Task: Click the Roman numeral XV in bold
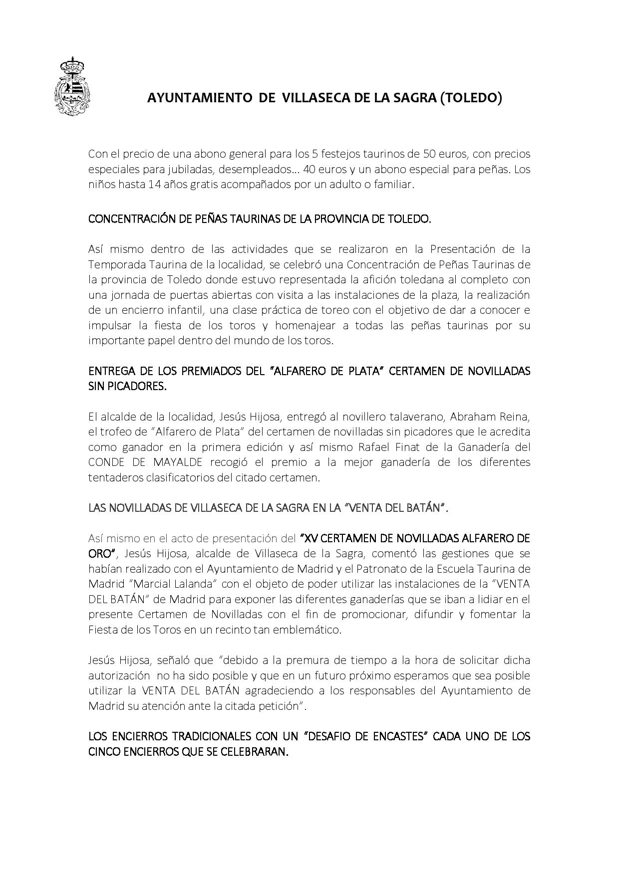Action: [x=310, y=538]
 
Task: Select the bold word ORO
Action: [x=100, y=553]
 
